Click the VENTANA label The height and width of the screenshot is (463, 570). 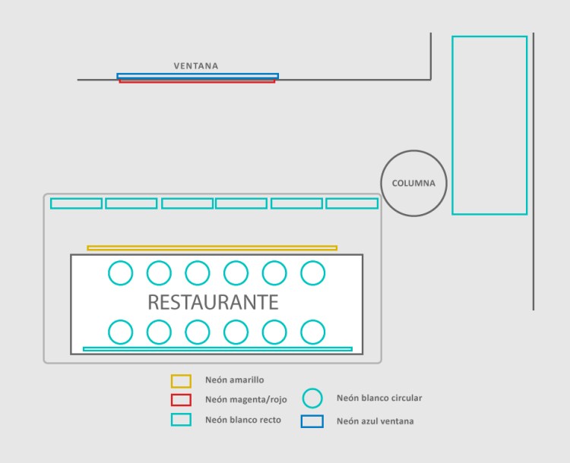click(x=195, y=66)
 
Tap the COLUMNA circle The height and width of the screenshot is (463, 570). click(x=413, y=183)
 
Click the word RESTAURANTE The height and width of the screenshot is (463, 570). click(x=213, y=302)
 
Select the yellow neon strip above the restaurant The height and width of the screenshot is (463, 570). click(x=212, y=247)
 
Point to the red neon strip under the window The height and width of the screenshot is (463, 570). click(x=197, y=80)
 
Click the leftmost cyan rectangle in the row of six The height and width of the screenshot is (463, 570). click(x=76, y=203)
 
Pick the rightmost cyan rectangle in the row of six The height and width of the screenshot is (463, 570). click(x=352, y=203)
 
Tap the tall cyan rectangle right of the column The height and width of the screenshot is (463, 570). click(x=489, y=125)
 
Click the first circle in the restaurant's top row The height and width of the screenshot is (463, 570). click(x=120, y=272)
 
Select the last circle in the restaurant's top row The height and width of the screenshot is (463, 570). click(x=313, y=272)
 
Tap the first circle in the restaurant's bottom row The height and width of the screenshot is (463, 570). click(x=120, y=332)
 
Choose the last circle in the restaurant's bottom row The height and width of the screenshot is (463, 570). click(x=313, y=332)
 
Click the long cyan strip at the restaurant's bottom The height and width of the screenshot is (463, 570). click(x=217, y=349)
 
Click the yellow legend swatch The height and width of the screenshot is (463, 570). click(x=181, y=380)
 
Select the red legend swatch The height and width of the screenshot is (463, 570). click(x=181, y=400)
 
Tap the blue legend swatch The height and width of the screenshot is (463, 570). click(x=312, y=421)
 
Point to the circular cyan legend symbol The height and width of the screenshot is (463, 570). click(x=312, y=398)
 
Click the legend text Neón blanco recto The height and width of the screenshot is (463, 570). click(x=242, y=420)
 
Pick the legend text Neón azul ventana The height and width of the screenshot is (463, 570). click(x=375, y=421)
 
